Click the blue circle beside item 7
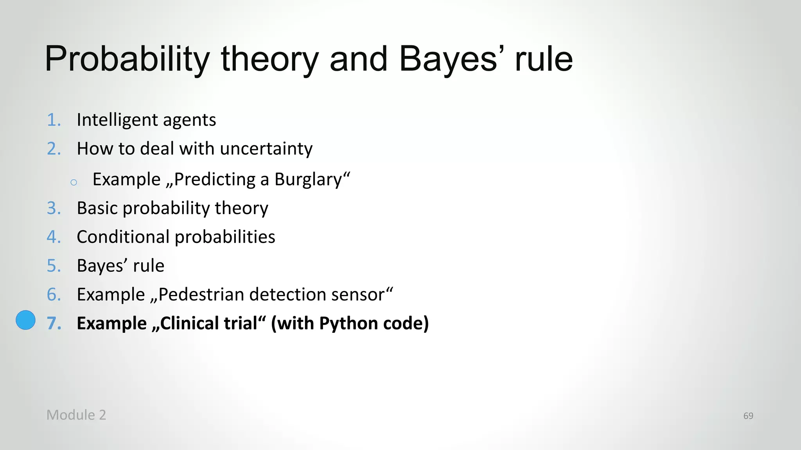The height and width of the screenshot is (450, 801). (25, 320)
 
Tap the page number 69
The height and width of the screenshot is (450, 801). (748, 416)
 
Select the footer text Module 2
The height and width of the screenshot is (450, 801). (76, 415)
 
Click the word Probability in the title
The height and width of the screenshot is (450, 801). (128, 59)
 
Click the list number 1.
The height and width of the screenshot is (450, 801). (54, 120)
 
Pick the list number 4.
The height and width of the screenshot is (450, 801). (54, 237)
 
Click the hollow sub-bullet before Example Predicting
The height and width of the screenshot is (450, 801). (74, 182)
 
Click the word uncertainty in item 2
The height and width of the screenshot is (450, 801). (266, 149)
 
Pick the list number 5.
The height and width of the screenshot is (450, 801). (54, 266)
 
